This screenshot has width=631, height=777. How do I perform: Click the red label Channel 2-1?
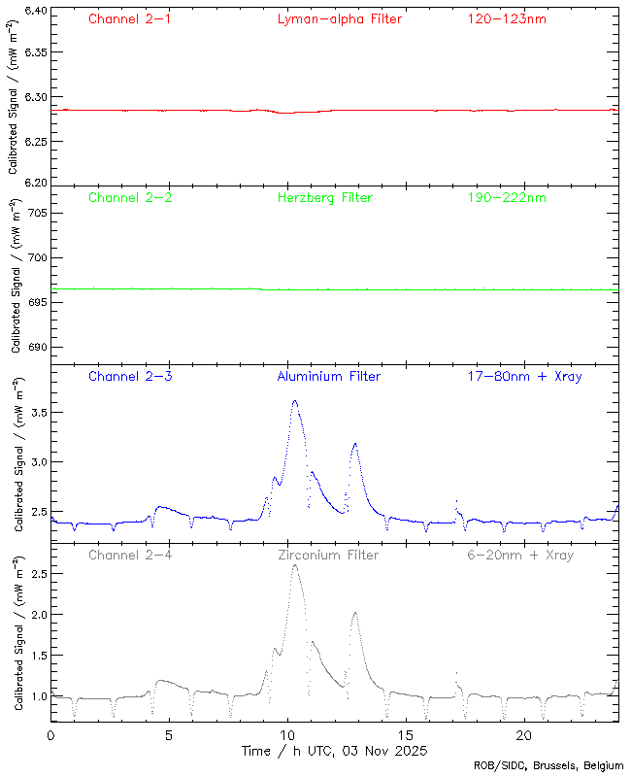click(x=130, y=19)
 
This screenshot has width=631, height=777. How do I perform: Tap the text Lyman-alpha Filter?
click(x=339, y=19)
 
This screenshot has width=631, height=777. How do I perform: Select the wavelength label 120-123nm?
click(x=507, y=19)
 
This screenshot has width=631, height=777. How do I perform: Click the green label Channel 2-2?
click(x=130, y=198)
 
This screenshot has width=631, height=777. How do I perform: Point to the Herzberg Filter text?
click(x=324, y=198)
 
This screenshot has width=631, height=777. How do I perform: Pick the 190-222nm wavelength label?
click(x=507, y=198)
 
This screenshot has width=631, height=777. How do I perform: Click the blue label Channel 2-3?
click(x=130, y=377)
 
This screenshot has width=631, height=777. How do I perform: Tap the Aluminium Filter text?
click(x=329, y=377)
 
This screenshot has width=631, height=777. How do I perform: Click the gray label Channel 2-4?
click(x=130, y=556)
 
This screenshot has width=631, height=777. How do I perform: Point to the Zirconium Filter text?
click(x=329, y=556)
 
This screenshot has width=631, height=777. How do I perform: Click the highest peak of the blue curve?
click(x=294, y=400)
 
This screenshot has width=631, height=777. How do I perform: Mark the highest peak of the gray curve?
click(x=294, y=566)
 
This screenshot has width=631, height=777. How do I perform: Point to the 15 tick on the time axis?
click(x=406, y=736)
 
